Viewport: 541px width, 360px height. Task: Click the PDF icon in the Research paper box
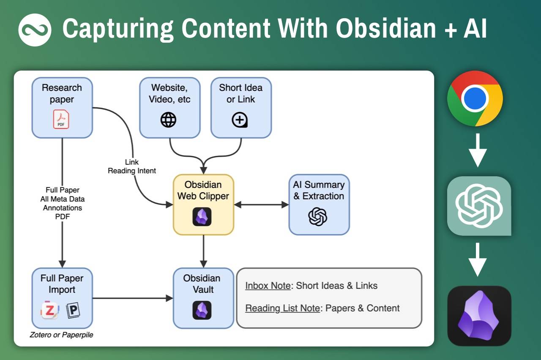coord(61,119)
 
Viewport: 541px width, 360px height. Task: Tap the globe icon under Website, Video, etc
coord(168,120)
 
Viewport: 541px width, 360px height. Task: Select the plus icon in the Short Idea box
coord(240,120)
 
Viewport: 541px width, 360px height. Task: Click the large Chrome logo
coord(475,98)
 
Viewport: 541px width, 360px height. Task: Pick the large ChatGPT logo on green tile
coord(479,206)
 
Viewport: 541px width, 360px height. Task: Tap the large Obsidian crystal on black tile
coord(479,316)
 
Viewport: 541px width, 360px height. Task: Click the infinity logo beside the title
coord(35,29)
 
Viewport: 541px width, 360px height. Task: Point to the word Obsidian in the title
coord(386,29)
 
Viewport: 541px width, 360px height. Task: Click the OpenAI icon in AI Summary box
coord(318,217)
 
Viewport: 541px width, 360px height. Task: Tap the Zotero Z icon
coord(50,311)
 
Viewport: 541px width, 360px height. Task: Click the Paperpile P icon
coord(73,311)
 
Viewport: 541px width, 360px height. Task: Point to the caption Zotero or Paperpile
coord(62,335)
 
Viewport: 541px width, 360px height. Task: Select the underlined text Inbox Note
coord(268,286)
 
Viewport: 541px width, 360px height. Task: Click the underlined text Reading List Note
coord(282,308)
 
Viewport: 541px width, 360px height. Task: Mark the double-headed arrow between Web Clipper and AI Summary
coord(261,205)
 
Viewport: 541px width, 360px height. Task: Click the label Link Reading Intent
coord(132,166)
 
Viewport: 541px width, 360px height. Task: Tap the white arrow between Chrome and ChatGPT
coord(478,150)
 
